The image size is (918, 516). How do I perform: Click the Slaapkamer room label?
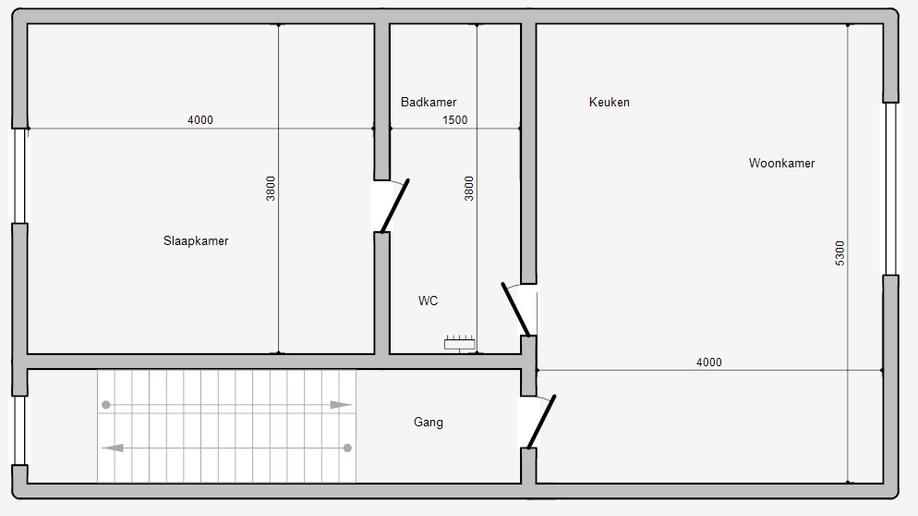point(196,241)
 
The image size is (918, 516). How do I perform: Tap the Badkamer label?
point(429,102)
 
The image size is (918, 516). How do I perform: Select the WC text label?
point(428,301)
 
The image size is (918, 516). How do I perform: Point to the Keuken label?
point(610,102)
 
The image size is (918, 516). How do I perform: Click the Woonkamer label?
point(781,163)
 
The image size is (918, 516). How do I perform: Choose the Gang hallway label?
point(429,423)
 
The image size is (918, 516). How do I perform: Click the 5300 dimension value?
point(840,253)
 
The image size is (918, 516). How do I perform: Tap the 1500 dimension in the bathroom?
point(455,120)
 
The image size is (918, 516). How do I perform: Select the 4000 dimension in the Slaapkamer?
point(200,120)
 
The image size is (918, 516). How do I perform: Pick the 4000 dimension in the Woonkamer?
point(709,362)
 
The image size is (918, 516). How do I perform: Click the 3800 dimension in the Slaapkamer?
point(271,189)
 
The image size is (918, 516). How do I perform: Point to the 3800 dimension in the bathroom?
point(469,189)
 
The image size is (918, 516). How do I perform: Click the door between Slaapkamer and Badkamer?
point(394,206)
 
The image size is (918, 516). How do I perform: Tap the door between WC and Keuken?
point(515,310)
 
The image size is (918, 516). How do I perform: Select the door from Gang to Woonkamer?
point(541,422)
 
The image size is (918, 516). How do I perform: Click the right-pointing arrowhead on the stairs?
point(342,405)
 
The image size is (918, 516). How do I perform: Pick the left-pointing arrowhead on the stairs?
point(113,448)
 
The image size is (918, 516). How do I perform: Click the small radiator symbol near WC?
point(460,343)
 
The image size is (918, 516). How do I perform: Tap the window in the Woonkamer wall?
point(890,189)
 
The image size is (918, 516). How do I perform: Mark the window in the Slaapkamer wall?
point(20,176)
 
